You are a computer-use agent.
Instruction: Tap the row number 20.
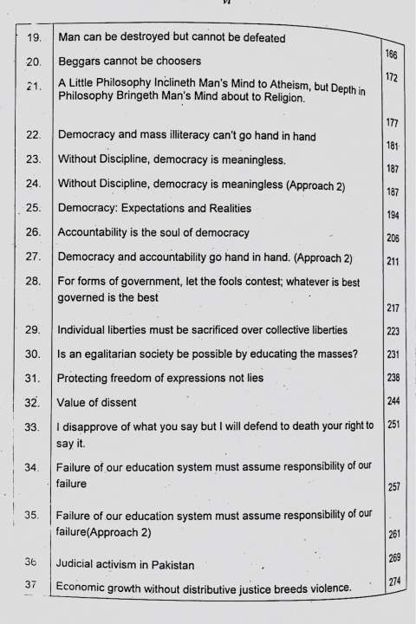pyautogui.click(x=35, y=62)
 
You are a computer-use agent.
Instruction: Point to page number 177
pyautogui.click(x=391, y=123)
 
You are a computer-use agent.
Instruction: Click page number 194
pyautogui.click(x=392, y=213)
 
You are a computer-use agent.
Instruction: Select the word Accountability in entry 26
pyautogui.click(x=97, y=232)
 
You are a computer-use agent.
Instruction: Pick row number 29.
pyautogui.click(x=34, y=330)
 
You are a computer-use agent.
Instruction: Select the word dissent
pyautogui.click(x=114, y=403)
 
